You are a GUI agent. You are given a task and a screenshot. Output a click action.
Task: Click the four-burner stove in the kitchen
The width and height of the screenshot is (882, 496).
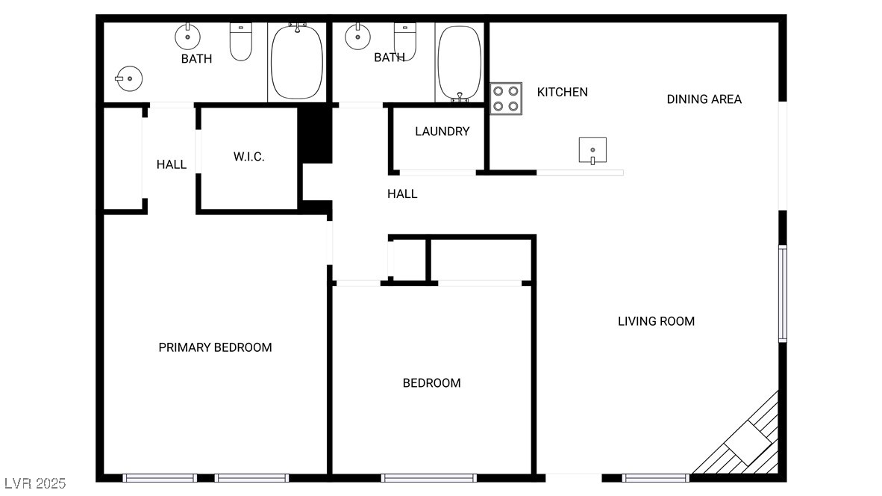(507, 99)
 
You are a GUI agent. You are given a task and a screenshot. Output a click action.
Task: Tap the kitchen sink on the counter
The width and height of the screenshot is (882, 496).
(592, 150)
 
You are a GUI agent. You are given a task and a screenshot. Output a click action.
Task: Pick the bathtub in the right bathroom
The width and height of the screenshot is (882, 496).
(459, 63)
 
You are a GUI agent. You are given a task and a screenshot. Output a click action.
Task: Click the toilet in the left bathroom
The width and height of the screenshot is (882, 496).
(240, 43)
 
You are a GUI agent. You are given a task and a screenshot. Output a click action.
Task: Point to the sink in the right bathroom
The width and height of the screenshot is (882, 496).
(358, 36)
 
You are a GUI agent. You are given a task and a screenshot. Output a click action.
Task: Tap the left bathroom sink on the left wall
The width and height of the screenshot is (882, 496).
(129, 77)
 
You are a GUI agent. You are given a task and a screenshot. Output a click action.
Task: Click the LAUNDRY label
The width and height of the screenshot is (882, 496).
(442, 131)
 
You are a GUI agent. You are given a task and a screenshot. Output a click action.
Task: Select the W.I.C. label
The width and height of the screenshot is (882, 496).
(248, 157)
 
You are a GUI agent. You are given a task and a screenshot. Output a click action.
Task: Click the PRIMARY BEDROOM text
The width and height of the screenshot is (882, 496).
(215, 347)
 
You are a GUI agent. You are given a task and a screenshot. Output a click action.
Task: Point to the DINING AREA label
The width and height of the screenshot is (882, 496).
(704, 99)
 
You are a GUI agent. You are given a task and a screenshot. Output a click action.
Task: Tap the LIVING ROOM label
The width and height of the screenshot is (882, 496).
(656, 321)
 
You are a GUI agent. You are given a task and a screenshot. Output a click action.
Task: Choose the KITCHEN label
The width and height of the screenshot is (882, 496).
(562, 92)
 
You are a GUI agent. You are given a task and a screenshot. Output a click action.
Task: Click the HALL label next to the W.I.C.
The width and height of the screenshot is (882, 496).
(171, 164)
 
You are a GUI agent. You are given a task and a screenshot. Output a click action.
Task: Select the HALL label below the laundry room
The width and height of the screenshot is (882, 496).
(402, 193)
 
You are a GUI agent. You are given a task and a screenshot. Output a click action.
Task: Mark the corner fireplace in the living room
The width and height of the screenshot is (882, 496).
(748, 444)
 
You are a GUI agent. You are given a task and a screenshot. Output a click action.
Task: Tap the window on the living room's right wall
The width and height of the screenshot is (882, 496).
(782, 294)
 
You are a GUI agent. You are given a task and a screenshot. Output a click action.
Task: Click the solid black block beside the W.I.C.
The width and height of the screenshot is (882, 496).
(314, 134)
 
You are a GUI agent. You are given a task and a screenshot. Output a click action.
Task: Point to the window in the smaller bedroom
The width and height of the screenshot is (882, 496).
(428, 477)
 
